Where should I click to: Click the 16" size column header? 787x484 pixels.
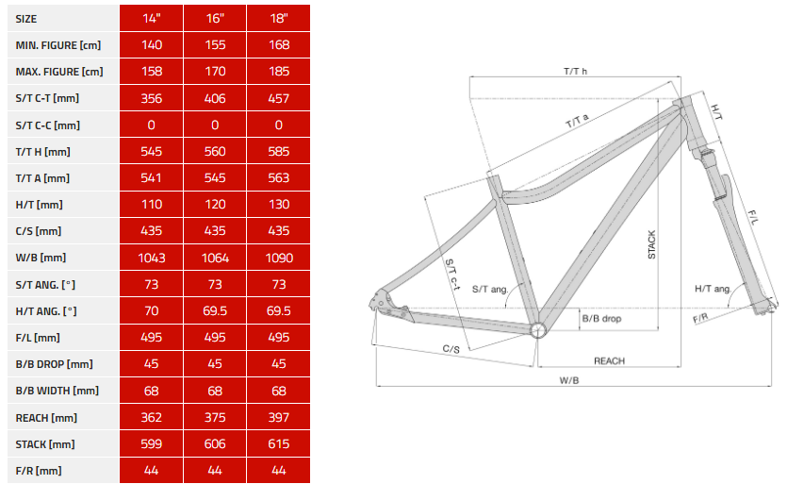215,19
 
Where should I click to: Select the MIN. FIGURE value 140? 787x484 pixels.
152,45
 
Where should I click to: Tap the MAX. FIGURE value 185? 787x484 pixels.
279,72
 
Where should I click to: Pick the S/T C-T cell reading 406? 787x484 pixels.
215,98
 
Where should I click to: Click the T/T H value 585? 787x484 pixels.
279,152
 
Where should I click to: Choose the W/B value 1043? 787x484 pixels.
152,258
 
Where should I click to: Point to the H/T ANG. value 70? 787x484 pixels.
152,311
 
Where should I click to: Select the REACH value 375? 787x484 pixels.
215,418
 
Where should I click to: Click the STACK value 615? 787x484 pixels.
279,444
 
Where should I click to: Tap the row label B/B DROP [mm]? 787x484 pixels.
55,364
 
